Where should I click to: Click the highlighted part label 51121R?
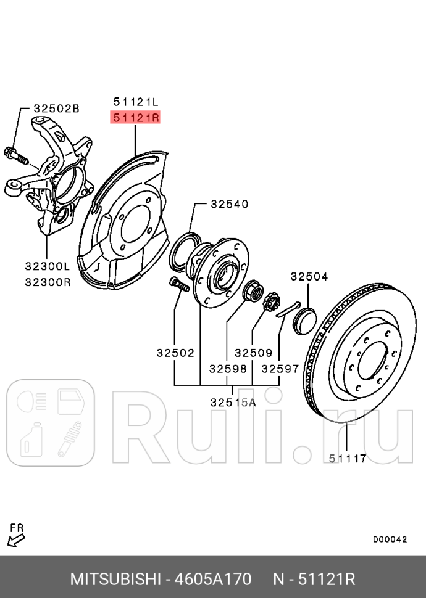(135, 117)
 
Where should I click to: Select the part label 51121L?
(135, 101)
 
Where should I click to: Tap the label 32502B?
(56, 109)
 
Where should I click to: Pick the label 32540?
(228, 203)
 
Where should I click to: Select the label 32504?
(309, 277)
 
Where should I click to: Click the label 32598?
(228, 369)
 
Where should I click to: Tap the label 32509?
(253, 353)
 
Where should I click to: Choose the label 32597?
(280, 369)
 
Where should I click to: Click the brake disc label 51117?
(348, 458)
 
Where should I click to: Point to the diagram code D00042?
(390, 539)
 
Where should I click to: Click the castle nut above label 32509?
(270, 303)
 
